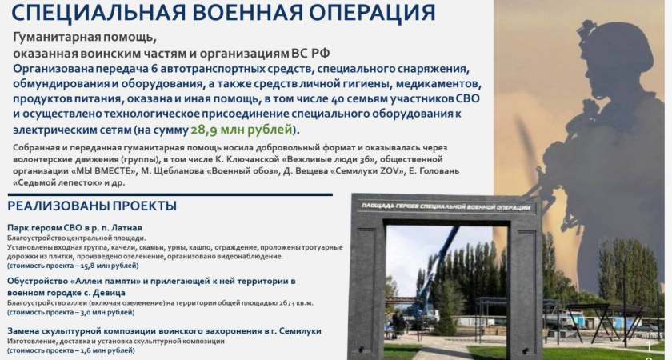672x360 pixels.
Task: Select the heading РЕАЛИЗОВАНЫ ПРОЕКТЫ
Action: tap(92, 206)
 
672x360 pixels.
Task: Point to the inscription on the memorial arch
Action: tap(445, 207)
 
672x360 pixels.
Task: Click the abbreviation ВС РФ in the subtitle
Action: tap(298, 53)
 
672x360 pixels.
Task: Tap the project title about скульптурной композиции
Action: tap(164, 330)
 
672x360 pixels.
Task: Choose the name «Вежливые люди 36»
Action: tap(310, 158)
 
